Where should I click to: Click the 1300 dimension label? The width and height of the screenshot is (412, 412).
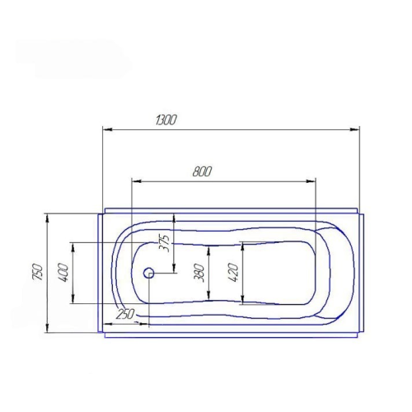tap(166, 120)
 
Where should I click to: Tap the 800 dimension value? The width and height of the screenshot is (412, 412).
tap(202, 171)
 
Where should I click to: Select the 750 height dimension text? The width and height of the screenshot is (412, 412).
tap(38, 272)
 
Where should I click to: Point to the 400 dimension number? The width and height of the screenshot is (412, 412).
tap(63, 273)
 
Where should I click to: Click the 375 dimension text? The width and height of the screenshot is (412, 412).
tap(165, 243)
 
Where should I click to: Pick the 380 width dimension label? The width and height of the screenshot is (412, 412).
tap(199, 273)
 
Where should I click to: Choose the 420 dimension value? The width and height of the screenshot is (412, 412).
tap(233, 273)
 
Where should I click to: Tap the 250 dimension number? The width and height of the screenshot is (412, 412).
tap(125, 314)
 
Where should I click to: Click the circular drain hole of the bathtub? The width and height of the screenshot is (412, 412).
tap(149, 273)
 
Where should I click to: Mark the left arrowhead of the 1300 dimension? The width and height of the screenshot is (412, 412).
tap(108, 129)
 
